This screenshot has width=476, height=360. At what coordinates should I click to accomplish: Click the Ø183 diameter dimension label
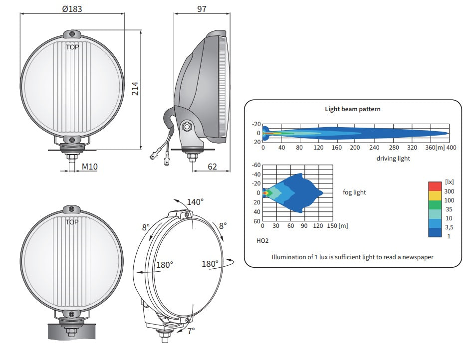point(72,9)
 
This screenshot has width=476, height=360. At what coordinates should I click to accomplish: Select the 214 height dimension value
point(135,89)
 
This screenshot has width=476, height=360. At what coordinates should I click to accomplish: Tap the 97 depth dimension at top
point(202,9)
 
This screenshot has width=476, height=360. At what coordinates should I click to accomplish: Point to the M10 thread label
point(90,167)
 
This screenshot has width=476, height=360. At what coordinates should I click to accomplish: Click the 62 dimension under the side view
point(212,167)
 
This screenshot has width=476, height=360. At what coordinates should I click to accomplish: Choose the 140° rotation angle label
point(195,202)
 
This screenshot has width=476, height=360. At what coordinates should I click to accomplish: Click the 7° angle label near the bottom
point(191,331)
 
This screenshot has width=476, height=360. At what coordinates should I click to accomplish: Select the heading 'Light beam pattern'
point(352,109)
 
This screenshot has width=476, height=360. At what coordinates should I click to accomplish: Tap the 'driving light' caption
point(393,159)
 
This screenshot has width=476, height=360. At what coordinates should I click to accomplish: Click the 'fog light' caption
point(354,192)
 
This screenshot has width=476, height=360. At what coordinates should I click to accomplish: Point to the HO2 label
point(262,241)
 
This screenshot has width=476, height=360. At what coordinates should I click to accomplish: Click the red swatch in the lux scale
point(435,186)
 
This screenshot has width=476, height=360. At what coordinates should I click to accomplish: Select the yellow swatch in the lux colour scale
point(435,195)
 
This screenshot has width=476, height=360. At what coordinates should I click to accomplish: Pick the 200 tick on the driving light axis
point(355,148)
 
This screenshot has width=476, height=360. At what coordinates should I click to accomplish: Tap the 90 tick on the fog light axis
point(304,226)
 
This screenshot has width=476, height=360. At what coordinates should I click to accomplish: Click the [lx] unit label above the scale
point(449,182)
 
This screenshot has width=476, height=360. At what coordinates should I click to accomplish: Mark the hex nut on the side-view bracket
point(187,126)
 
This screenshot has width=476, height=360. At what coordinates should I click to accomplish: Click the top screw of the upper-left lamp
point(72,34)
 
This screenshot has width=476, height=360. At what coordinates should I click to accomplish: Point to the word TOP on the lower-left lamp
point(72,222)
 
